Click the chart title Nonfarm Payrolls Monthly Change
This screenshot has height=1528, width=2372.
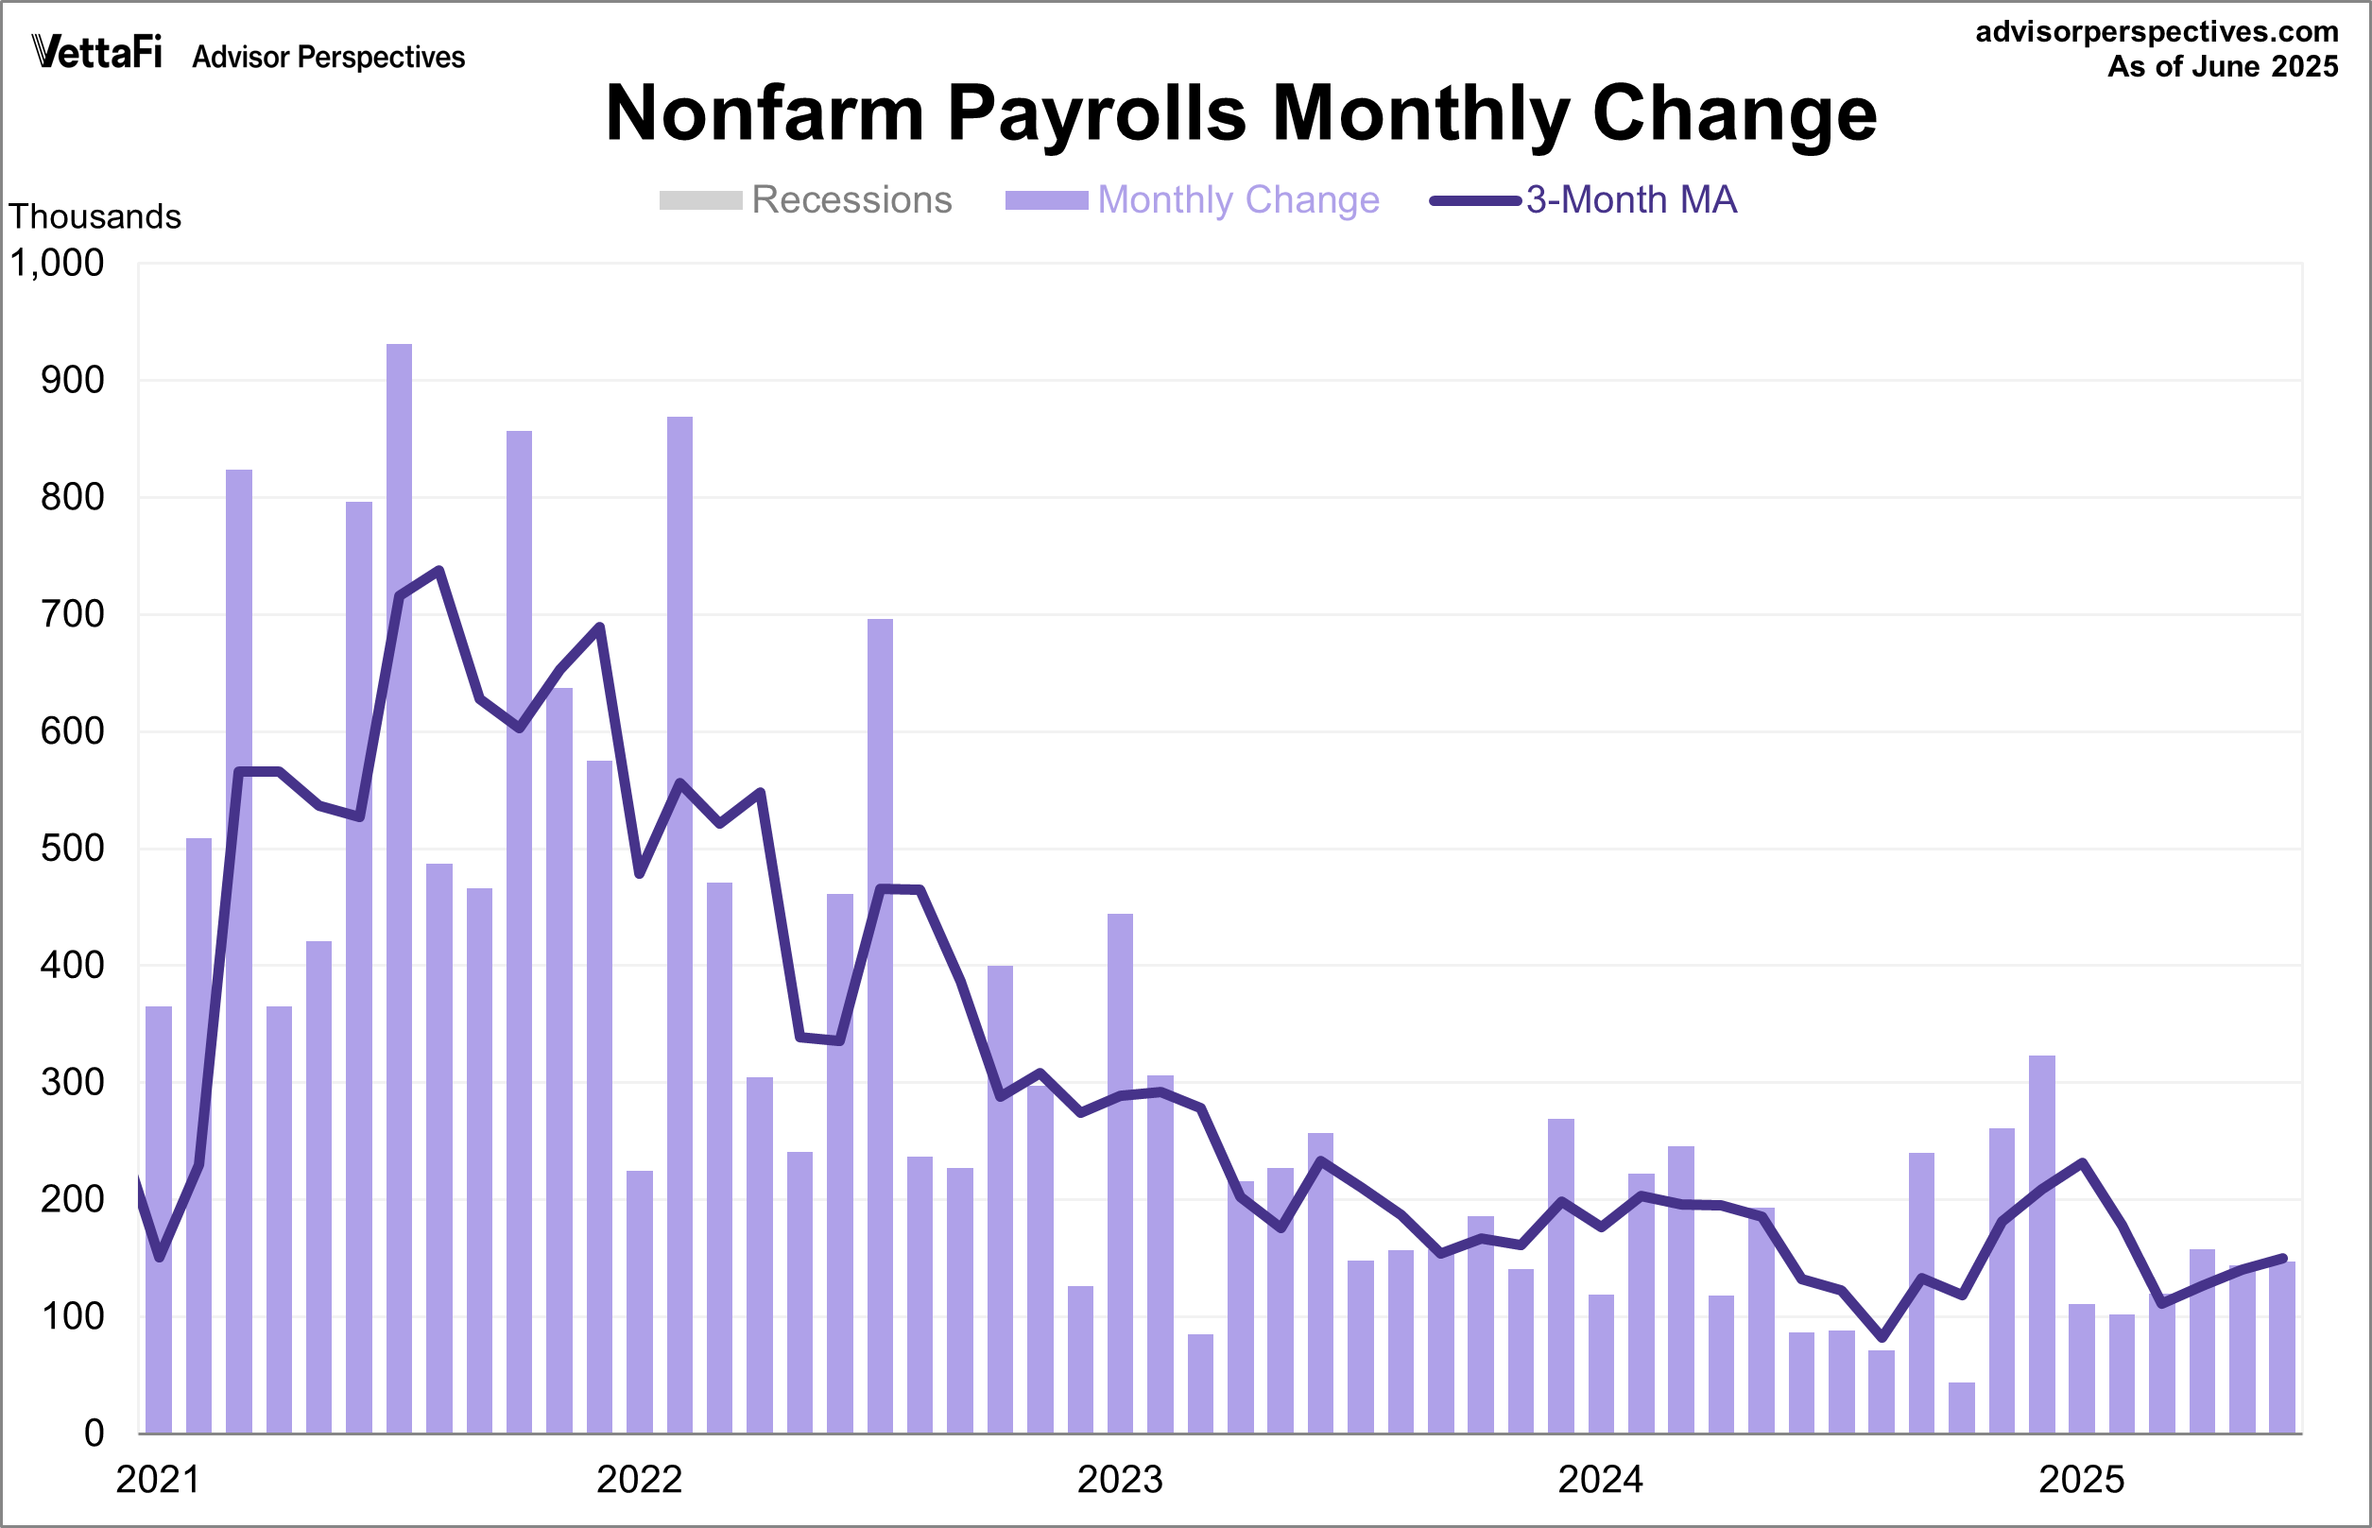1240,113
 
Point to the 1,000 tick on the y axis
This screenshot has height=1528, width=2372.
57,263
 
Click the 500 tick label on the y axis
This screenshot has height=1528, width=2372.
72,849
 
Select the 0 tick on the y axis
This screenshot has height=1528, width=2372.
94,1433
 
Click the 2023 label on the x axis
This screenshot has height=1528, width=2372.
1119,1480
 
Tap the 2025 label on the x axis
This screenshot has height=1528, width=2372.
2081,1480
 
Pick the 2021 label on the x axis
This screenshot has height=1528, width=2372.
158,1480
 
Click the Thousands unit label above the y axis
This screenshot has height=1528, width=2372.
95,216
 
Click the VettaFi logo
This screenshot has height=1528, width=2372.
97,52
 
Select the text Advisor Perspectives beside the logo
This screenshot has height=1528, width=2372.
328,58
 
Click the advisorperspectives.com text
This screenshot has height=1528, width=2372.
2157,32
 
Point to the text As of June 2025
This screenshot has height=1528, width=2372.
2222,66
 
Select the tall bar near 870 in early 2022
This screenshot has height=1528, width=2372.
679,922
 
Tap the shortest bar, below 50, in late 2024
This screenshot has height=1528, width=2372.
1961,1408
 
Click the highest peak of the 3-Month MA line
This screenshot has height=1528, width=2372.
438,571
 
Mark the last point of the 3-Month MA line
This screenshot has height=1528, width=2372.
2283,1258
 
